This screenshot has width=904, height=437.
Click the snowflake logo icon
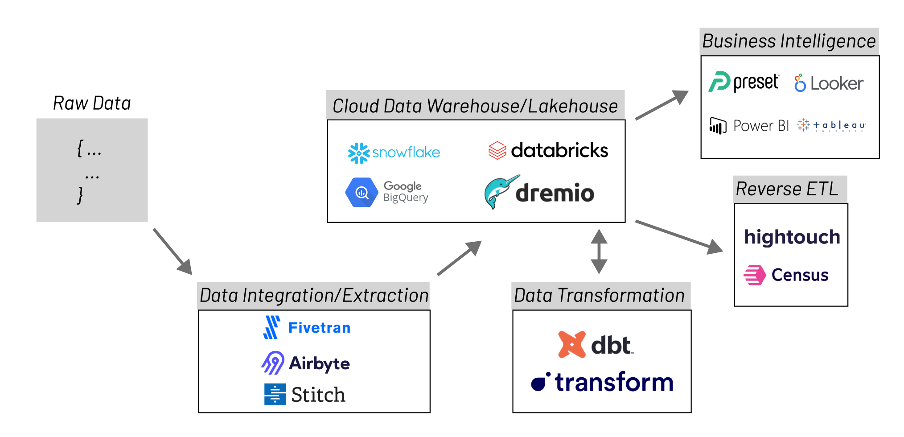(x=358, y=153)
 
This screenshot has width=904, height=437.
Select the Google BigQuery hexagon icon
(x=361, y=192)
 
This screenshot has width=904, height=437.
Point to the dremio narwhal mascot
(x=500, y=191)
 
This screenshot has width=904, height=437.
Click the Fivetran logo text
(x=319, y=328)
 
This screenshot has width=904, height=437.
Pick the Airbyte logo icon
(x=273, y=363)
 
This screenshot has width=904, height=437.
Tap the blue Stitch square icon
(x=275, y=394)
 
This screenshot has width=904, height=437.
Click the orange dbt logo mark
(x=571, y=344)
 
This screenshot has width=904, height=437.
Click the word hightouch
(x=792, y=237)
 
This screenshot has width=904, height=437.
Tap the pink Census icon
(x=754, y=275)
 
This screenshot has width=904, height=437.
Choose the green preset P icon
(x=719, y=82)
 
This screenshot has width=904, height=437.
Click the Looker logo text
(x=836, y=83)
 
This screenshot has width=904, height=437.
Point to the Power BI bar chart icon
(x=718, y=126)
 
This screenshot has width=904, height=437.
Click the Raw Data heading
(x=92, y=103)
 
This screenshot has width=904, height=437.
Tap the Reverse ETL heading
(x=787, y=189)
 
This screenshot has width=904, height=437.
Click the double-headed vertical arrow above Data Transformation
(x=599, y=251)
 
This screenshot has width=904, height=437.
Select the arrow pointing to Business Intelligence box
(x=662, y=105)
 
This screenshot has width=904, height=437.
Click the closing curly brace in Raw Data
(x=80, y=195)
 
